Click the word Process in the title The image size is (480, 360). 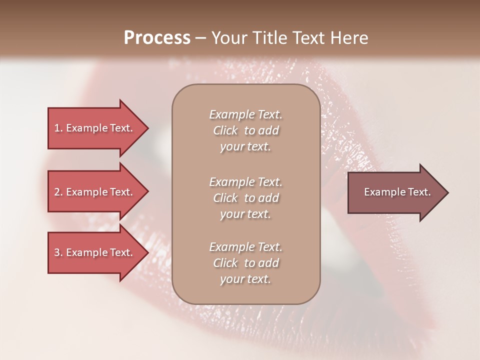pos(157,38)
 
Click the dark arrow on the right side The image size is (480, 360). pos(395,192)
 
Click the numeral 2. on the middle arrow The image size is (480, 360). pos(58,192)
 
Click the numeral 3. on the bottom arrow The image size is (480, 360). pos(58,252)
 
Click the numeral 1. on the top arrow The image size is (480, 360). pos(58,128)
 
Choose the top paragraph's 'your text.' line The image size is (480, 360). pos(245,147)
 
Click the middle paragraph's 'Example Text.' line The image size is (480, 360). pos(245,182)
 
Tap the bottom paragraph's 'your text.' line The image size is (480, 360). pos(245,279)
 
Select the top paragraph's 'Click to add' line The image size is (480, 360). pos(245,130)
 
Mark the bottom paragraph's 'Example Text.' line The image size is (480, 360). pos(245,247)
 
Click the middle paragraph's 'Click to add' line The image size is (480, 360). pos(245,198)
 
